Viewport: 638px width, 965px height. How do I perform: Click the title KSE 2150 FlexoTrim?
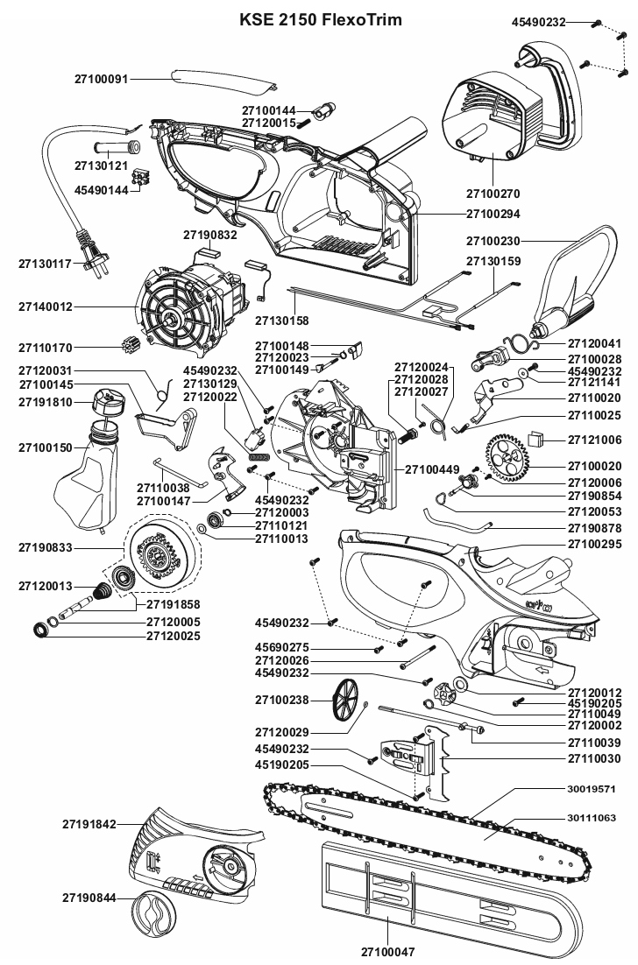[321, 19]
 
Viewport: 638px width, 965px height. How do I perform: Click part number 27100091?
[101, 79]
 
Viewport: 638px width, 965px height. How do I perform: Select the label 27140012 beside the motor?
[46, 307]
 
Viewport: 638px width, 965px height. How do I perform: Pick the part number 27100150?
[46, 447]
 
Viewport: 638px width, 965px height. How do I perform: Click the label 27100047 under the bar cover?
[387, 950]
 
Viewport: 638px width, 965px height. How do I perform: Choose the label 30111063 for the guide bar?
[592, 818]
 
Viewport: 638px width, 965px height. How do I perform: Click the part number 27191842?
[89, 824]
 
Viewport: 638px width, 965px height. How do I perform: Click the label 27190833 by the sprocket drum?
[46, 547]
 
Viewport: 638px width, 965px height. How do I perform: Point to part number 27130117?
[46, 263]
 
